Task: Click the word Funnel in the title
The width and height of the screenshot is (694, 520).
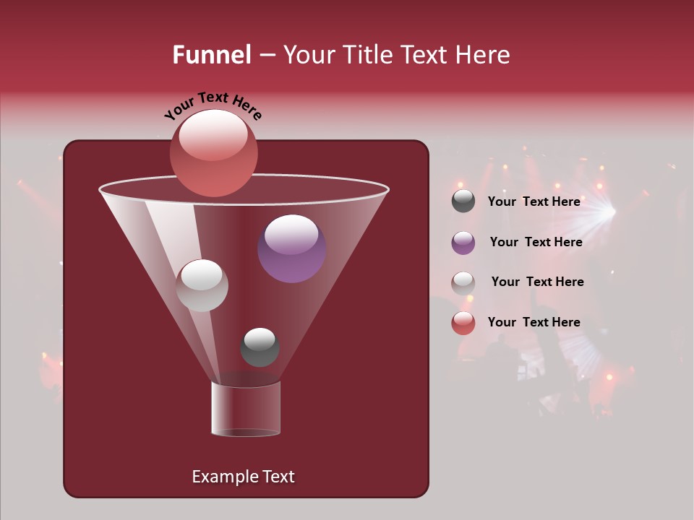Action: tap(211, 55)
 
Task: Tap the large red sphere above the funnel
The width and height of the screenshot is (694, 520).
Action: tap(213, 152)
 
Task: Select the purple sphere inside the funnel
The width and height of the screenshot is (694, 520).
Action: tap(291, 248)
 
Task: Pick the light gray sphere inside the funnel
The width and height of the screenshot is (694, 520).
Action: tap(202, 285)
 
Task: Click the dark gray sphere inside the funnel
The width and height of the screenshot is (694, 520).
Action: tap(260, 347)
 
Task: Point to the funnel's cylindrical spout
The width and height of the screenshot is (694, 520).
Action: tap(245, 409)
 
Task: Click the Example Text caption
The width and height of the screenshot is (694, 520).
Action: tap(243, 477)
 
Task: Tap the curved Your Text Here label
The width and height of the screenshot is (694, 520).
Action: tap(213, 106)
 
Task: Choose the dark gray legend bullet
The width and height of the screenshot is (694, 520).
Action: tap(463, 201)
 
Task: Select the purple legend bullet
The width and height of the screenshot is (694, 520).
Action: tap(463, 243)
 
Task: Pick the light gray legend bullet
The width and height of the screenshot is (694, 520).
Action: tap(463, 283)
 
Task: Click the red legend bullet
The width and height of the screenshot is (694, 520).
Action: tap(463, 323)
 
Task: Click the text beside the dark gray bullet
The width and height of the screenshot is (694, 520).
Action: tap(534, 201)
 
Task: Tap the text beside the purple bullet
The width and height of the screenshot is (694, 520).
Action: tap(536, 242)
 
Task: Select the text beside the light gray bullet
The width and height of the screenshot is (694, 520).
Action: tap(537, 282)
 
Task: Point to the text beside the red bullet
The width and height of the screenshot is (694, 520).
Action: tap(534, 322)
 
